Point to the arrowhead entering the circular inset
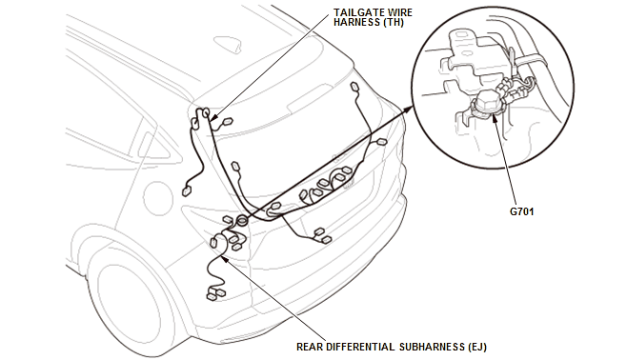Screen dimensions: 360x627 click(411, 110)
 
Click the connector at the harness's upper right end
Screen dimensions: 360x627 click(354, 88)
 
